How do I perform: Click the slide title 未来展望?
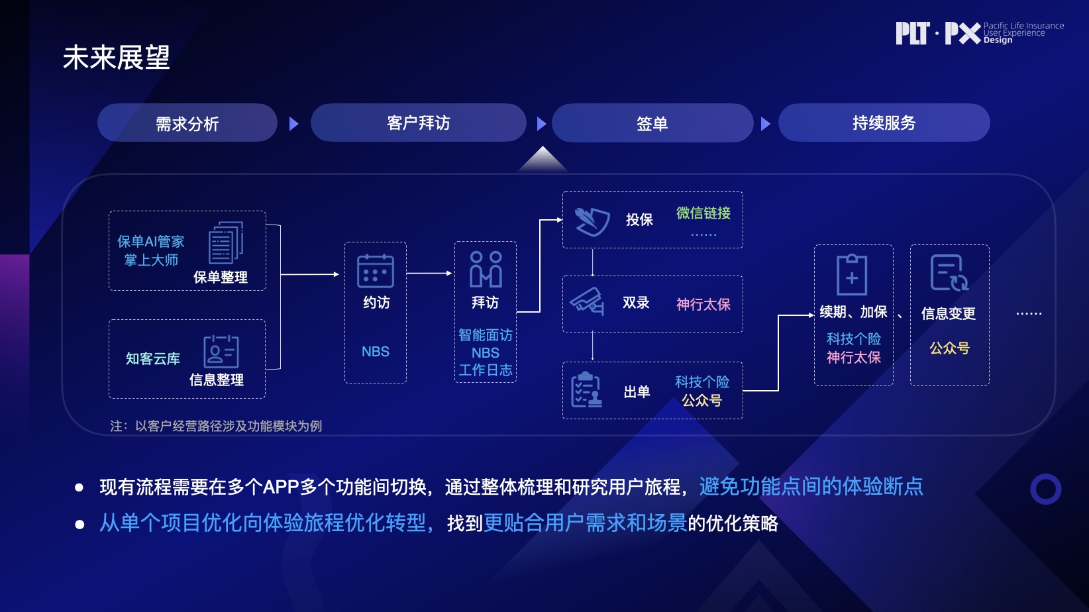(x=117, y=58)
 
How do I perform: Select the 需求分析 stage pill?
(x=187, y=123)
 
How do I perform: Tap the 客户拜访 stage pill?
(x=418, y=123)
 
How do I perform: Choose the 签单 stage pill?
(x=652, y=123)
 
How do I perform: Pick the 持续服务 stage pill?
(x=884, y=123)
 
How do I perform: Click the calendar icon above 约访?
(x=376, y=271)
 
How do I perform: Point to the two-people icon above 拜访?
(x=486, y=269)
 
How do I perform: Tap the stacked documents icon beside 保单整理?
(x=226, y=242)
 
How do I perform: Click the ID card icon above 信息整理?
(x=221, y=351)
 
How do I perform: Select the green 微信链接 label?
(x=703, y=213)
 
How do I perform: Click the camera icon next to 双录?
(x=587, y=301)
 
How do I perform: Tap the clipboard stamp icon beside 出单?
(x=586, y=389)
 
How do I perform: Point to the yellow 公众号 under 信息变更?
(x=949, y=348)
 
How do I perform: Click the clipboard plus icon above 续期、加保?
(x=852, y=274)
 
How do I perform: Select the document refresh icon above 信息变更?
(x=949, y=273)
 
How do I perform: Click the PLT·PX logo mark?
(x=937, y=33)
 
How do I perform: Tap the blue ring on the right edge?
(x=1046, y=489)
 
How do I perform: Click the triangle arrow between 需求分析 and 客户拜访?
(x=294, y=124)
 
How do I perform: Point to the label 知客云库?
(x=153, y=358)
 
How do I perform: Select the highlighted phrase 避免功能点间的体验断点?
(x=811, y=487)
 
